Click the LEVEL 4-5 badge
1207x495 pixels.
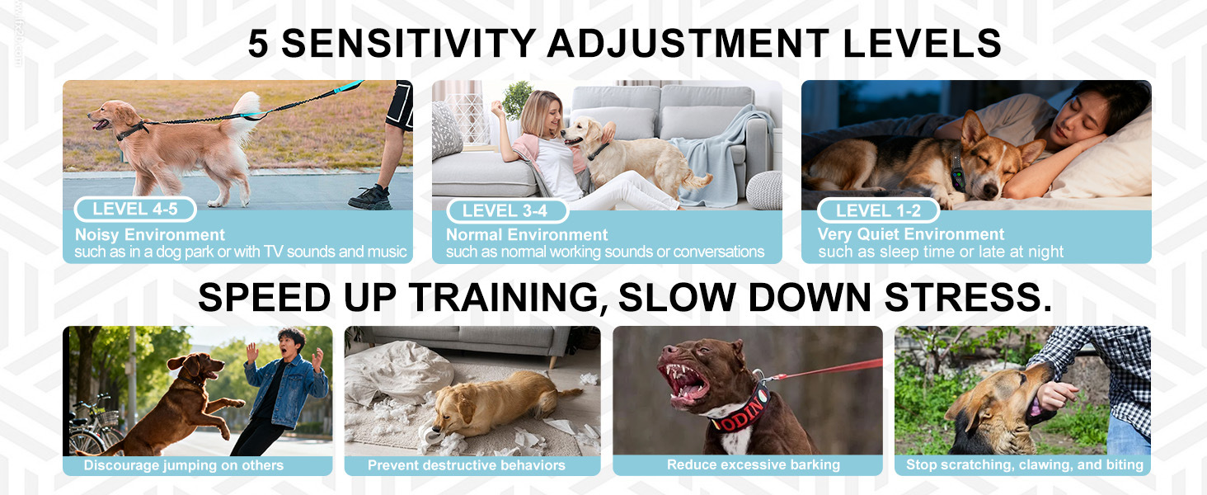135,210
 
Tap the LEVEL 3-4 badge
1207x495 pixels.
507,211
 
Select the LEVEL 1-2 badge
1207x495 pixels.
878,211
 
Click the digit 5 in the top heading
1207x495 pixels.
258,43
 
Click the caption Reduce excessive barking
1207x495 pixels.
754,464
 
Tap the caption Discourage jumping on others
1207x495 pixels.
183,465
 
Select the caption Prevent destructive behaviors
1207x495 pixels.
466,465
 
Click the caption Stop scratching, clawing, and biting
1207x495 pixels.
1024,464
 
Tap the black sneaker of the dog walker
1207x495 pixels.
370,197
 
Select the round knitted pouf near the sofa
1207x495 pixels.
764,191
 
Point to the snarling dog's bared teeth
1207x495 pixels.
684,380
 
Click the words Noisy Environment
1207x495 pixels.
150,234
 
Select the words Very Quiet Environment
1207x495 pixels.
911,234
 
